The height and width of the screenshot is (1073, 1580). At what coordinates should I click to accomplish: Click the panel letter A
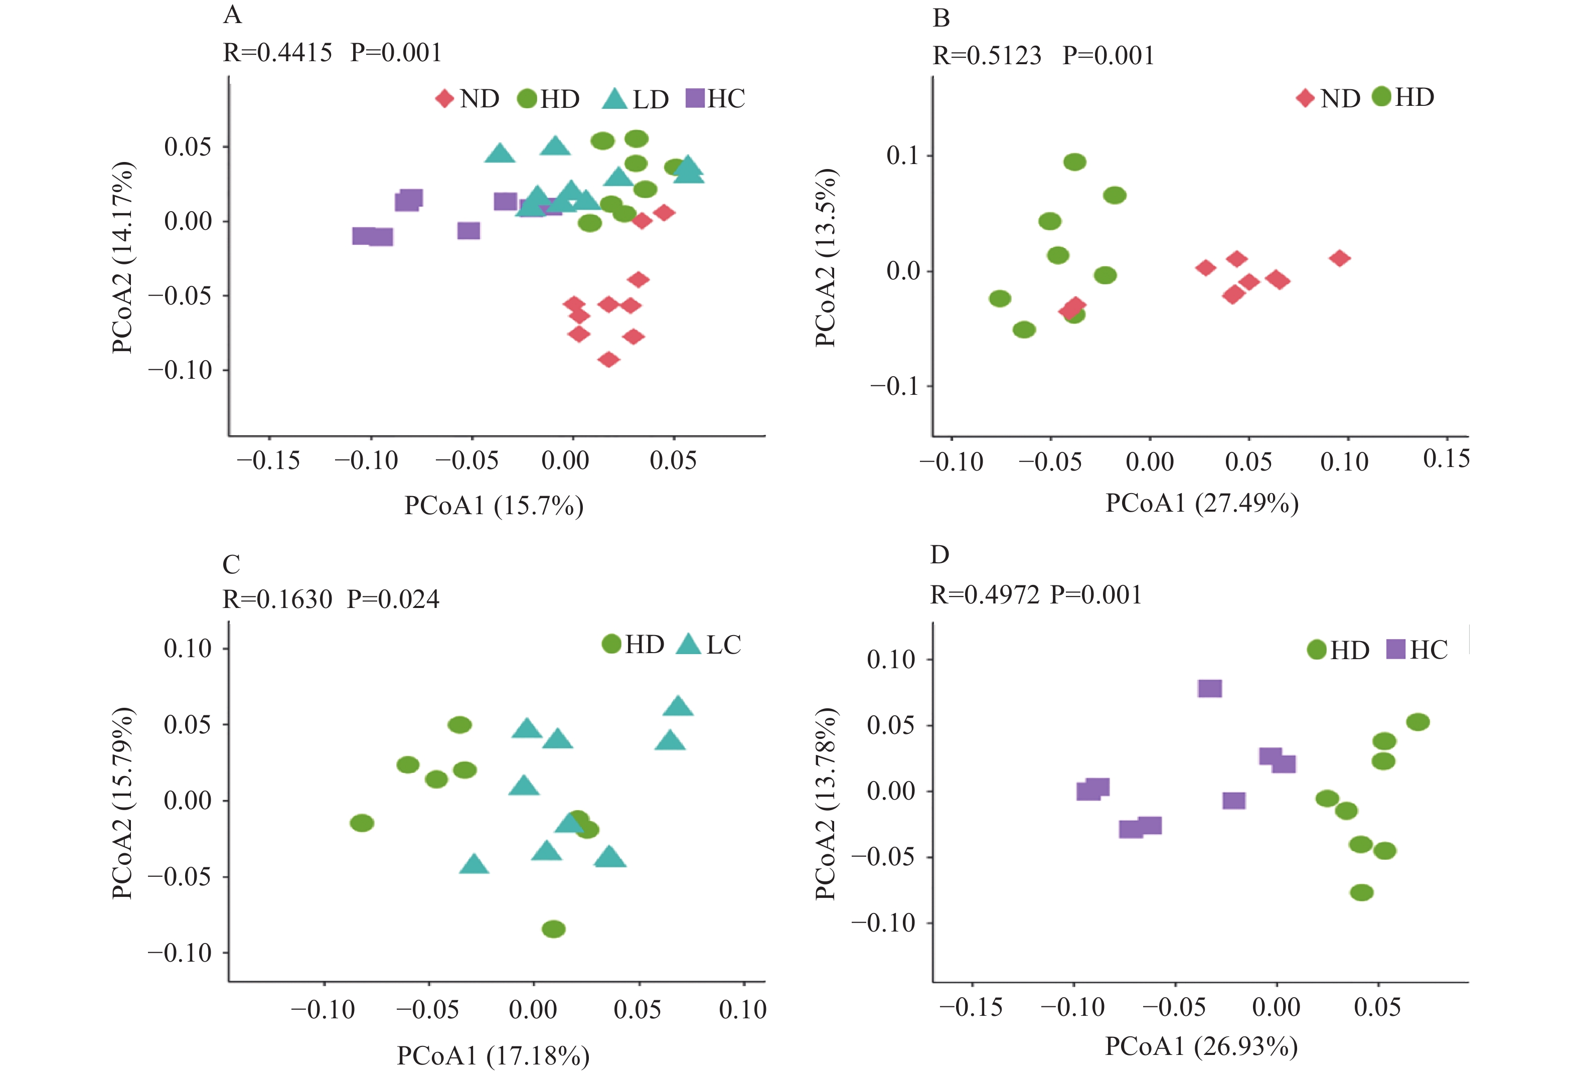pyautogui.click(x=233, y=15)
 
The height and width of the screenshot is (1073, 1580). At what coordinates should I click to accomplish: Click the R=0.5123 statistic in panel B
pyautogui.click(x=987, y=56)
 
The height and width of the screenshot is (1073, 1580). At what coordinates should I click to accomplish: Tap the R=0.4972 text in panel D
pyautogui.click(x=985, y=595)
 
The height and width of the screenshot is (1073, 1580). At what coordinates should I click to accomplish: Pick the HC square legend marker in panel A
pyautogui.click(x=695, y=99)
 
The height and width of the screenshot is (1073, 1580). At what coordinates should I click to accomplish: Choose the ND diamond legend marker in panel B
pyautogui.click(x=1305, y=98)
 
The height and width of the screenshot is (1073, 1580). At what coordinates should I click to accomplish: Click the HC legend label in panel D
pyautogui.click(x=1429, y=650)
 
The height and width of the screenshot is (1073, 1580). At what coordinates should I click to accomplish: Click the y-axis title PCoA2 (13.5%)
pyautogui.click(x=826, y=258)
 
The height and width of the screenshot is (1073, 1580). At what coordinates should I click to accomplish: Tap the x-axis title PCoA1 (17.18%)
pyautogui.click(x=493, y=1055)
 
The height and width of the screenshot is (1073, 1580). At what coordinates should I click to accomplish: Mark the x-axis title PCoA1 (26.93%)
pyautogui.click(x=1201, y=1046)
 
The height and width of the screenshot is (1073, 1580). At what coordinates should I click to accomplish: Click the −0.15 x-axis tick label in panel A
pyautogui.click(x=268, y=461)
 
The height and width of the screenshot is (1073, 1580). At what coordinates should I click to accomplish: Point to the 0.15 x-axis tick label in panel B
pyautogui.click(x=1446, y=459)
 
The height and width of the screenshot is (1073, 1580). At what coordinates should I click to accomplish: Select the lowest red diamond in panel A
pyautogui.click(x=608, y=359)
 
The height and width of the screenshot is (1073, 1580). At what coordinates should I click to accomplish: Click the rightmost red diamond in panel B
pyautogui.click(x=1339, y=258)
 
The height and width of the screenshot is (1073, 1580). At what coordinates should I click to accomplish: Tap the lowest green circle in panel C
pyautogui.click(x=553, y=929)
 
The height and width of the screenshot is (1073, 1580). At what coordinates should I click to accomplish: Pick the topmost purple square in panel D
pyautogui.click(x=1209, y=689)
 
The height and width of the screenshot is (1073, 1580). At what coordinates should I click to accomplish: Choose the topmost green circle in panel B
pyautogui.click(x=1075, y=162)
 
